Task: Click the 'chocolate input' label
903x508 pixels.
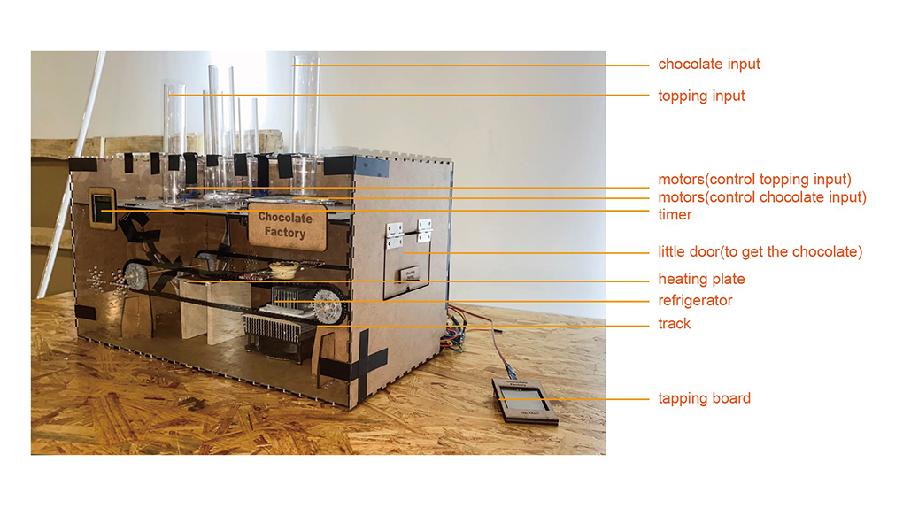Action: pyautogui.click(x=708, y=65)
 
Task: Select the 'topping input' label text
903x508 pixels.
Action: pyautogui.click(x=701, y=96)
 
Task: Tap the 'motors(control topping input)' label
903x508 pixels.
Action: pyautogui.click(x=754, y=181)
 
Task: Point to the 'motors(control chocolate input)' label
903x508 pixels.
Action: pyautogui.click(x=761, y=197)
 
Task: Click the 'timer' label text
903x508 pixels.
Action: pyautogui.click(x=675, y=214)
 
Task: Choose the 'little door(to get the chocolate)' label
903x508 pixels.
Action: pyautogui.click(x=760, y=252)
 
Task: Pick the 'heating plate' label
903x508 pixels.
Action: pyautogui.click(x=701, y=280)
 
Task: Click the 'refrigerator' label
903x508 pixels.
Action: pyautogui.click(x=695, y=301)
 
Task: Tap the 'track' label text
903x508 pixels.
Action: pyautogui.click(x=674, y=324)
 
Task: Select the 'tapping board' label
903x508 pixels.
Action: pyautogui.click(x=704, y=398)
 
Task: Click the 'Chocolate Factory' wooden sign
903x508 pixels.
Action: pyautogui.click(x=285, y=226)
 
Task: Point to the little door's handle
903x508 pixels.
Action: pyautogui.click(x=408, y=276)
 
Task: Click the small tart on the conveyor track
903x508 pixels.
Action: pyautogui.click(x=284, y=268)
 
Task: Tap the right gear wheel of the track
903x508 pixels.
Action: pyautogui.click(x=329, y=306)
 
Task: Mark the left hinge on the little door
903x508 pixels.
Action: pyautogui.click(x=394, y=234)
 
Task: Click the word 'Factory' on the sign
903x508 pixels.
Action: pyautogui.click(x=285, y=234)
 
